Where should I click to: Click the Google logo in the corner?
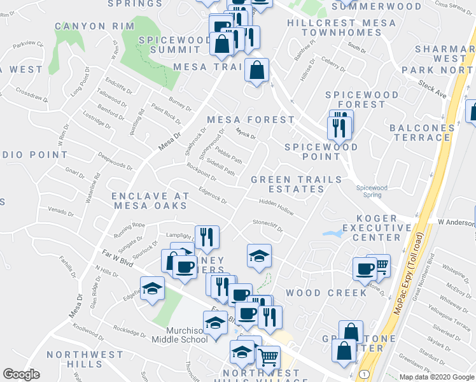coord(21,374)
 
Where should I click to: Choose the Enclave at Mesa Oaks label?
coord(150,200)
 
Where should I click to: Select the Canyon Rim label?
coord(94,26)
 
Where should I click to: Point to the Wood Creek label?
coord(325,292)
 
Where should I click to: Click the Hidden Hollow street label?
coord(276,206)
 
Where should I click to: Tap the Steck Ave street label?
coord(432,88)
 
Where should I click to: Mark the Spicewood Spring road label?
coord(372,192)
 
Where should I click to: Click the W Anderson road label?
coord(456,222)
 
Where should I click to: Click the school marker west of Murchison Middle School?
coord(153,288)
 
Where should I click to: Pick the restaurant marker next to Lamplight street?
coord(206,237)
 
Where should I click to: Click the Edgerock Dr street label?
coord(213,194)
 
